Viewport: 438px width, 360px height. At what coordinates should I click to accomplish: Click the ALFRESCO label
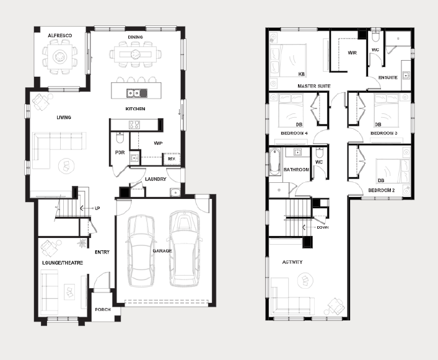[x=59, y=35]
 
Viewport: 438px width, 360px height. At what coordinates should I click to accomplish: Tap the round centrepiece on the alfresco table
[x=59, y=56]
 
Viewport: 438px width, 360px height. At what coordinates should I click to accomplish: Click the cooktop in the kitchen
[x=134, y=125]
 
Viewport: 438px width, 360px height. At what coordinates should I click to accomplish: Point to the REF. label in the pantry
[x=172, y=159]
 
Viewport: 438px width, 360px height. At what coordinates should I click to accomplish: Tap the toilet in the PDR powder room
[x=120, y=138]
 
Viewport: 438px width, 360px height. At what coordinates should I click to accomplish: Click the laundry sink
[x=175, y=193]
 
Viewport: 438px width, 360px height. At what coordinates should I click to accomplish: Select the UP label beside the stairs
[x=97, y=208]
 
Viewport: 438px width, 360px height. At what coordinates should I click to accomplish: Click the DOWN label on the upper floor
[x=322, y=227]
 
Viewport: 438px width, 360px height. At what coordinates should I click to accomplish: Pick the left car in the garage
[x=141, y=250]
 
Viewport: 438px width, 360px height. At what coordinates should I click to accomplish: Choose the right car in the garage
[x=185, y=248]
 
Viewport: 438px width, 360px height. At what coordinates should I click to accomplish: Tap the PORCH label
[x=103, y=309]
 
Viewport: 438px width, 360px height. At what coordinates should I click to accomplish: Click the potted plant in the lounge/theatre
[x=82, y=243]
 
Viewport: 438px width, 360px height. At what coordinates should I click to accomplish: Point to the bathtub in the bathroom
[x=274, y=162]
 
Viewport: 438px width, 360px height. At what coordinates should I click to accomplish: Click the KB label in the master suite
[x=302, y=74]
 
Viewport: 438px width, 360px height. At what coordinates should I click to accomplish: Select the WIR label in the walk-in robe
[x=353, y=53]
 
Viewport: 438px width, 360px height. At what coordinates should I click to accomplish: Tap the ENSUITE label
[x=388, y=77]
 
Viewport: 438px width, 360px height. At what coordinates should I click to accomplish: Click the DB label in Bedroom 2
[x=381, y=180]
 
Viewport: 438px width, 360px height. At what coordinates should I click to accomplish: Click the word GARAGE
[x=162, y=251]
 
